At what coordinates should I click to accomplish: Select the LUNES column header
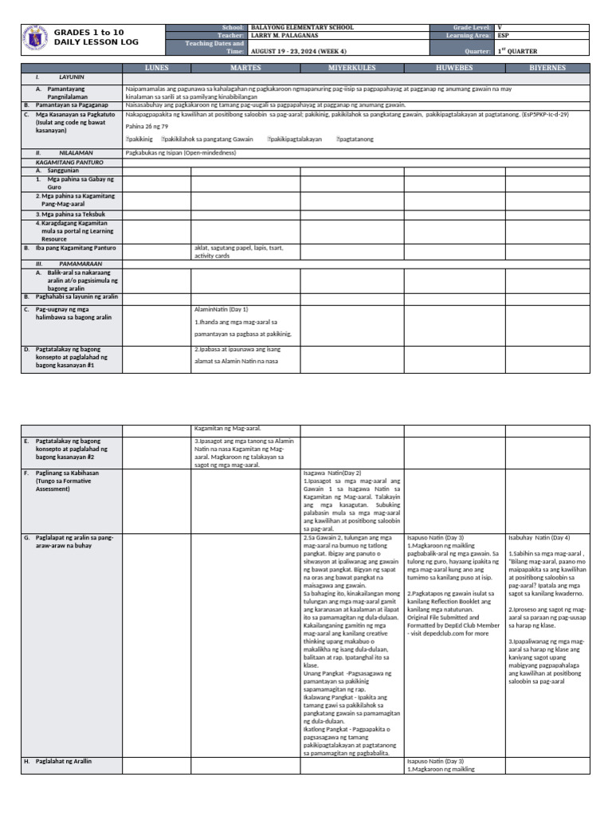[x=156, y=69]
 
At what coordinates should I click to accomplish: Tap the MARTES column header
[x=245, y=69]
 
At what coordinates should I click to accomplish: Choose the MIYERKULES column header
[x=352, y=69]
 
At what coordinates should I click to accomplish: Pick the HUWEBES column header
[x=454, y=69]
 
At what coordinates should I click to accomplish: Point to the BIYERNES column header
[x=548, y=69]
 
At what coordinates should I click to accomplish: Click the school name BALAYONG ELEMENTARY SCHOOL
[x=302, y=28]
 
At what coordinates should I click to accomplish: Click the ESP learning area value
[x=503, y=36]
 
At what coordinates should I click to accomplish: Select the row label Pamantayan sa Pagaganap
[x=69, y=104]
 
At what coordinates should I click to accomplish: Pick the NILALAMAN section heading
[x=76, y=151]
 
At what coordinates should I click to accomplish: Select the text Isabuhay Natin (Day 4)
[x=539, y=538]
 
